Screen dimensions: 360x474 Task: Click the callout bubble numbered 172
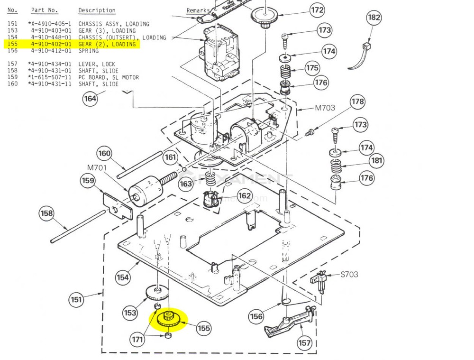317,10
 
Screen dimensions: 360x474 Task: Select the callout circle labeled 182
374,18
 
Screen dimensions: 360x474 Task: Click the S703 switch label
349,274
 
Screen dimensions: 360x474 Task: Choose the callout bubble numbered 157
304,343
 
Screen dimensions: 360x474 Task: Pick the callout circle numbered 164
90,99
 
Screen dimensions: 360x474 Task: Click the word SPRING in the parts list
88,51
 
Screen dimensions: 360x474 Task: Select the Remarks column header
198,10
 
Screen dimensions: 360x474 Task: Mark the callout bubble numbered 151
76,299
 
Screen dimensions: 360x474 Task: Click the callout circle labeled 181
377,161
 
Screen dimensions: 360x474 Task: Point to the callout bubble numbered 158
46,213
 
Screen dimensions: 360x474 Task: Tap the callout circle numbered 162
245,195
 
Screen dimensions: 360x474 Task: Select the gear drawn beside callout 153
157,293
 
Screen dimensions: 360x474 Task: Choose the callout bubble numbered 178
358,102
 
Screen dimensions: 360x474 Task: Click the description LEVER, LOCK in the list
97,64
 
